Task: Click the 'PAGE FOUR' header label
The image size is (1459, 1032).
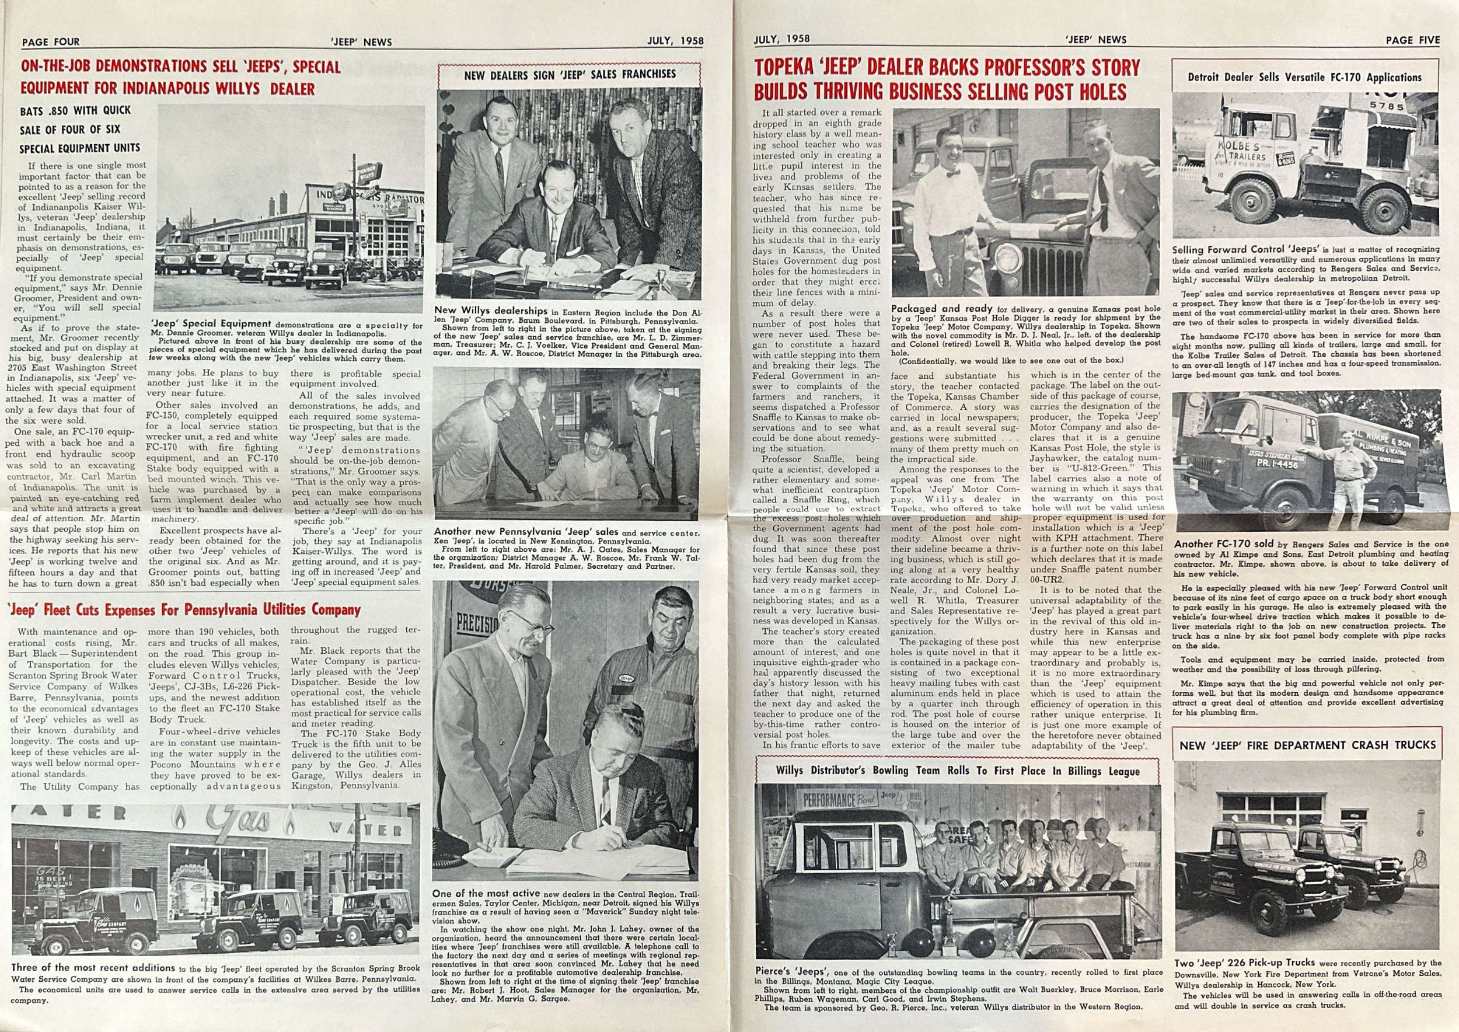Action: click(51, 42)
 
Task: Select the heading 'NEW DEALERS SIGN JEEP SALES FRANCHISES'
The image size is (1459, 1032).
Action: click(570, 74)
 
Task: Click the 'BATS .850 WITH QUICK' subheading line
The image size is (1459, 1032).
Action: click(75, 110)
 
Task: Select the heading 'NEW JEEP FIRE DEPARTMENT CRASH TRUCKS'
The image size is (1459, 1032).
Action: click(1307, 745)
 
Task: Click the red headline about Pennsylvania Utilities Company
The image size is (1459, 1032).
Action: click(184, 610)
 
